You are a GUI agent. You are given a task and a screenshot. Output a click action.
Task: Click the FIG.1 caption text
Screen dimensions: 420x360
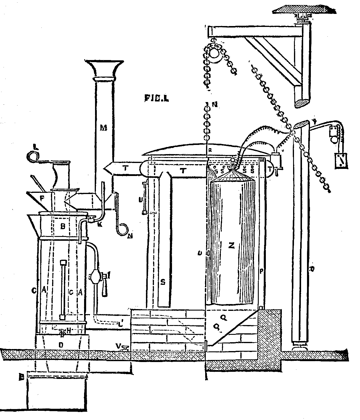click(x=156, y=98)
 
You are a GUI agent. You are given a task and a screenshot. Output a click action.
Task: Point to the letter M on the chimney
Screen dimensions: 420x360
click(x=103, y=127)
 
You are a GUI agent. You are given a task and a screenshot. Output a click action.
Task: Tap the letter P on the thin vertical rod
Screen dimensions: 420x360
click(x=261, y=271)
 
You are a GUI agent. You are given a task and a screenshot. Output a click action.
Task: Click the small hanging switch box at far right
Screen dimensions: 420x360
click(x=341, y=161)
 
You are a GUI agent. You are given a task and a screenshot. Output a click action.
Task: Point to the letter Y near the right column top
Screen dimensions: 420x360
click(x=315, y=121)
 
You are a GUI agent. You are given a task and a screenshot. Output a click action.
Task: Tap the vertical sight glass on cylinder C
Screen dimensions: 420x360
click(x=62, y=289)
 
